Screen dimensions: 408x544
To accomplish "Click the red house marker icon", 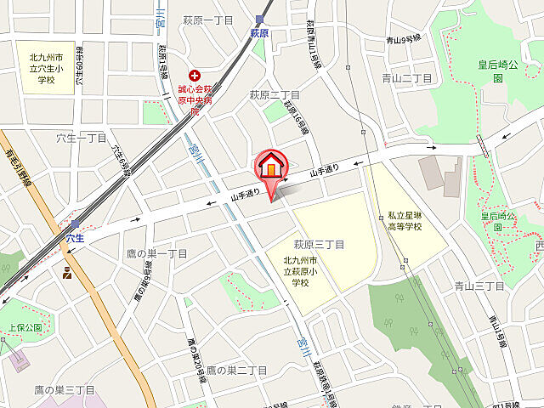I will click(x=271, y=166).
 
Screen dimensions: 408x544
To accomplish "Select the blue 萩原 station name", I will click(x=259, y=33).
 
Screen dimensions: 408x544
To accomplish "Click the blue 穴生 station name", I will click(x=75, y=239).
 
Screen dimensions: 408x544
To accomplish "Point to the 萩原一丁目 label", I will click(x=207, y=19).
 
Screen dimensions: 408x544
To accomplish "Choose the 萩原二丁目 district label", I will click(x=274, y=94).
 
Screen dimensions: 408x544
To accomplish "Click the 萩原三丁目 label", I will click(x=319, y=245).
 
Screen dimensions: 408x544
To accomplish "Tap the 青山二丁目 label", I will click(x=406, y=78).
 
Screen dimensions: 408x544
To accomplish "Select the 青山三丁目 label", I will click(x=479, y=286).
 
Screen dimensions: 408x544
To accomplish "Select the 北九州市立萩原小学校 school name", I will click(x=301, y=270).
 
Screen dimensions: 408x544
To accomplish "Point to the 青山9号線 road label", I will click(x=403, y=39).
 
